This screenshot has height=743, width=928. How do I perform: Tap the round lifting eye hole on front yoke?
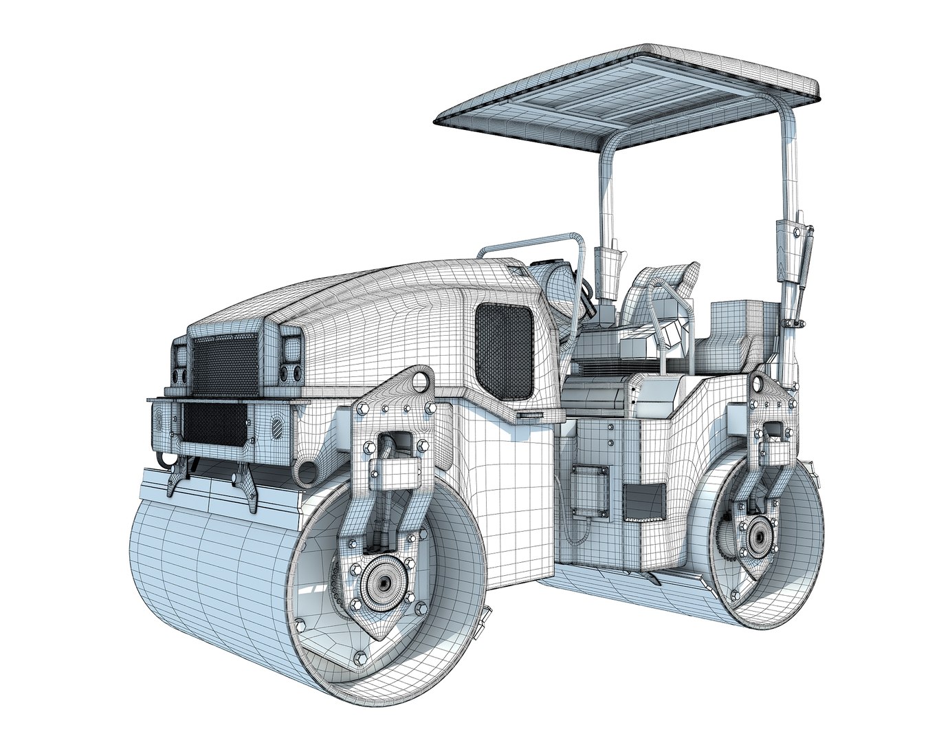coord(419,380)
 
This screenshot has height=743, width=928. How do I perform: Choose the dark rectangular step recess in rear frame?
coord(643,501)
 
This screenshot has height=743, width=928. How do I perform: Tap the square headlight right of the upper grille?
coord(291,348)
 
